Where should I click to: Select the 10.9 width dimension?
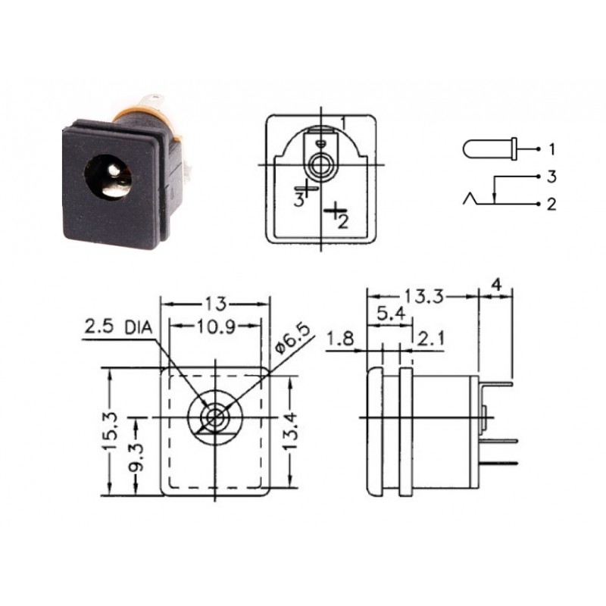point(215,326)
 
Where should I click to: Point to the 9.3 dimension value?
point(136,455)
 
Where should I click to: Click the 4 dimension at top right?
point(496,284)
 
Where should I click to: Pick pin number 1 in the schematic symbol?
point(552,148)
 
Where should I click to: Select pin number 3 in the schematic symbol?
point(552,176)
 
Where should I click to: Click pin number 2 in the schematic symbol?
point(552,205)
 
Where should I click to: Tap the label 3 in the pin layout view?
point(299,200)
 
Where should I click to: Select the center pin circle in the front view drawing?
point(216,417)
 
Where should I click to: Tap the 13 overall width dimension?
point(215,304)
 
